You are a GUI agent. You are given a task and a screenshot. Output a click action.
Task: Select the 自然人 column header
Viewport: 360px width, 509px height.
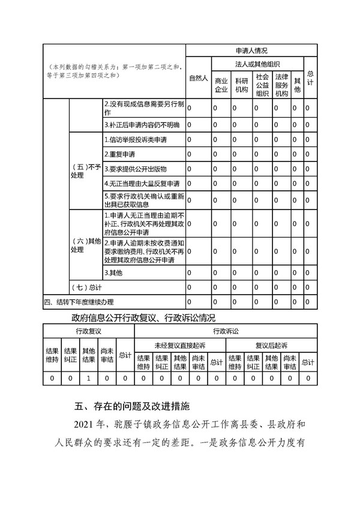198,78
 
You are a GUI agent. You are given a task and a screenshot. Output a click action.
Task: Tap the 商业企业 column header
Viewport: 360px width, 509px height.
221,85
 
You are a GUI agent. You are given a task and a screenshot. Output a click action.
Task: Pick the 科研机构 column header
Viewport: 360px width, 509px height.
242,85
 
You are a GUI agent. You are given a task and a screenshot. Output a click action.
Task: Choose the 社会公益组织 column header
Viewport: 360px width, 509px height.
262,85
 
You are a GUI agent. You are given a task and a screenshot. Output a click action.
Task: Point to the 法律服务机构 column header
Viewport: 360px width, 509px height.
282,85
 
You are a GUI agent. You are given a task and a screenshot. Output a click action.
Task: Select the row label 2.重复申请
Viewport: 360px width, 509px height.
119,154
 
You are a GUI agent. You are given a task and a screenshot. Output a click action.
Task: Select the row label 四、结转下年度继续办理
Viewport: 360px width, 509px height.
79,302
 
